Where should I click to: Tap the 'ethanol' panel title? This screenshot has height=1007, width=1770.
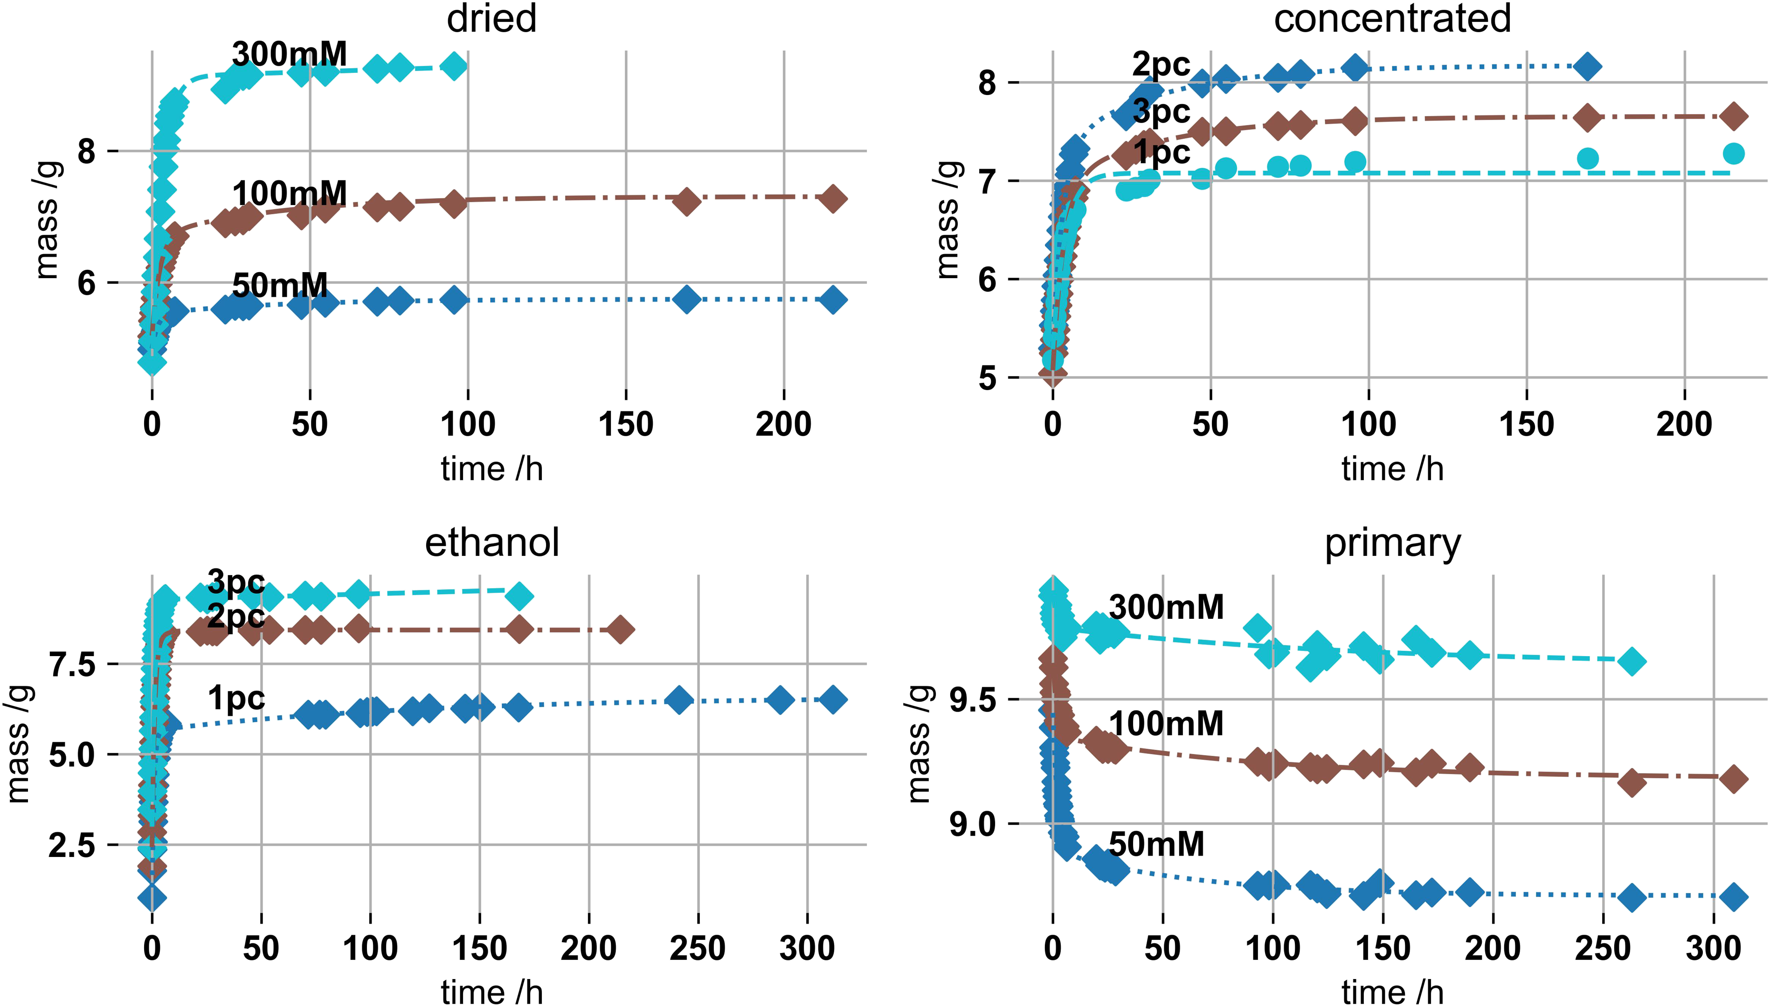[491, 542]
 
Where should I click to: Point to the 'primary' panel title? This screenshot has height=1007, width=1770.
[1392, 544]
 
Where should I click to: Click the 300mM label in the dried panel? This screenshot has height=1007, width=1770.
[289, 54]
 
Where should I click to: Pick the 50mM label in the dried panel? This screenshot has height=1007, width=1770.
[280, 285]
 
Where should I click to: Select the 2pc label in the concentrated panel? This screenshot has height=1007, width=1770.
[1161, 66]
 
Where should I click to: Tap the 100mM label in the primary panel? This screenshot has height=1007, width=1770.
[1166, 723]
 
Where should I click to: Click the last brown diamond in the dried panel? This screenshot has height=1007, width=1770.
[833, 199]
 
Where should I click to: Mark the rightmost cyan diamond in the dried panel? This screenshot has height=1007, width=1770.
[453, 67]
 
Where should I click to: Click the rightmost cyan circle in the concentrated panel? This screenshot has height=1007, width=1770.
[1733, 153]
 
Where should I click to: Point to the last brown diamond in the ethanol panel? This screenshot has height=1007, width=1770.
[620, 630]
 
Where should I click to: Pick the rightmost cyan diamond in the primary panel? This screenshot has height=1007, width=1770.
[1632, 661]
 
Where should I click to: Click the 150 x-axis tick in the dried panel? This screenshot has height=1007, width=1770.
[626, 424]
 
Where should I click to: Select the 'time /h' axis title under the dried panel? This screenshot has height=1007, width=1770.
[491, 469]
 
